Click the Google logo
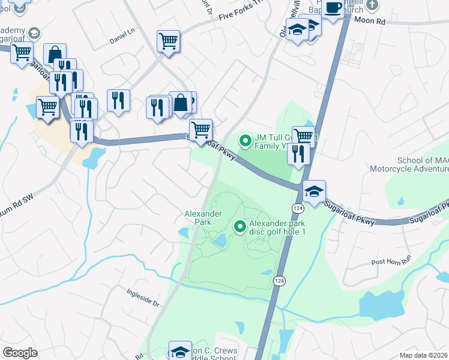pos(20,353)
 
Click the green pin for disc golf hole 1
pos(240,226)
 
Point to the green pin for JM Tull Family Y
pos(245,141)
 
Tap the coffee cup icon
pos(332,7)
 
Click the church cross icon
pos(372,5)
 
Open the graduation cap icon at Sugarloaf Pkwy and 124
pos(314,190)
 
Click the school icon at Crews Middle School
pos(180,352)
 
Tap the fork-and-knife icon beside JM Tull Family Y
pos(298,154)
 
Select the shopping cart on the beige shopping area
pos(47,107)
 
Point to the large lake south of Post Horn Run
pos(382,305)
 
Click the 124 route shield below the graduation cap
pos(298,207)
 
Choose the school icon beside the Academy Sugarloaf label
pos(34,32)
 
